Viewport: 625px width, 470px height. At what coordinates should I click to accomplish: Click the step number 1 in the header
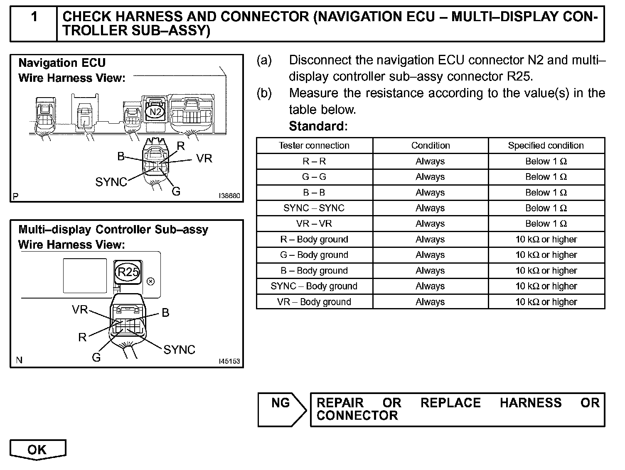pyautogui.click(x=34, y=17)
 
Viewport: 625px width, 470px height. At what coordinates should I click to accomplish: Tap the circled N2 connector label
pyautogui.click(x=155, y=112)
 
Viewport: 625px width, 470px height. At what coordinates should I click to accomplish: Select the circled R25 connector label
pyautogui.click(x=128, y=272)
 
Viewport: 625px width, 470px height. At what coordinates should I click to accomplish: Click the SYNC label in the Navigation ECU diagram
pyautogui.click(x=111, y=182)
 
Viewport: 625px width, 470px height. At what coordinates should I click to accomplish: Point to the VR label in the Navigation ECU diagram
pyautogui.click(x=204, y=159)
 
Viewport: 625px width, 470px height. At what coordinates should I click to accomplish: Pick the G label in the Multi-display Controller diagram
pyautogui.click(x=96, y=357)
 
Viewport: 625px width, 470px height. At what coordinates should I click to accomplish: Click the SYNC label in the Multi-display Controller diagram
pyautogui.click(x=179, y=350)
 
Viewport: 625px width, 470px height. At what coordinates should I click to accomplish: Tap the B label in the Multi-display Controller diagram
pyautogui.click(x=165, y=313)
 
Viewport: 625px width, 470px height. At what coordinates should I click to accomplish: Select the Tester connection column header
pyautogui.click(x=314, y=145)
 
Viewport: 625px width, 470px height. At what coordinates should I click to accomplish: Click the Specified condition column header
pyautogui.click(x=546, y=145)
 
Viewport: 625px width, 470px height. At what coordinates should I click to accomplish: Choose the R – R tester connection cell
pyautogui.click(x=314, y=161)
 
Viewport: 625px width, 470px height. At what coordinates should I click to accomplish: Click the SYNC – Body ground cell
pyautogui.click(x=314, y=286)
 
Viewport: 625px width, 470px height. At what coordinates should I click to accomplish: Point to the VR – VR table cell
pyautogui.click(x=314, y=223)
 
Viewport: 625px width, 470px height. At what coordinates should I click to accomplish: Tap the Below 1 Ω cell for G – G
pyautogui.click(x=546, y=176)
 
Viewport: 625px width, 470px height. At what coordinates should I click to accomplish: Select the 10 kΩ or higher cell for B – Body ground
pyautogui.click(x=546, y=271)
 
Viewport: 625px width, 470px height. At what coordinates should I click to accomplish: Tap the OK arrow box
pyautogui.click(x=37, y=450)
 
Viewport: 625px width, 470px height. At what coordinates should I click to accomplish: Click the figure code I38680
pyautogui.click(x=229, y=196)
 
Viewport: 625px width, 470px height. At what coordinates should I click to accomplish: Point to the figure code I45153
pyautogui.click(x=229, y=361)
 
